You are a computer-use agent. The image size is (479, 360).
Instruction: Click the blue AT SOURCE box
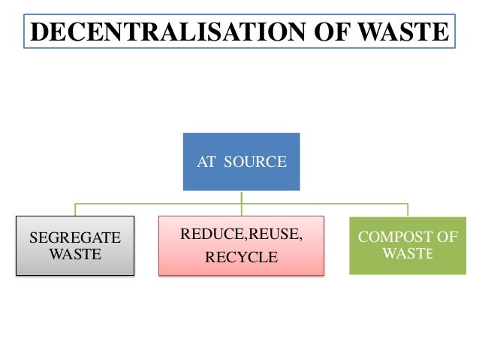tap(242, 162)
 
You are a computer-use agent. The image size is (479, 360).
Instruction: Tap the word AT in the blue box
tap(206, 162)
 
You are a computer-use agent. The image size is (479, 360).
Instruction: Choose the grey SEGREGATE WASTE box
tap(74, 246)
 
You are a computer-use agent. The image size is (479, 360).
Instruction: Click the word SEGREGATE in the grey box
tap(74, 238)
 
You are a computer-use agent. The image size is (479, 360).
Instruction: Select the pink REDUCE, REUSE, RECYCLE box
tap(241, 246)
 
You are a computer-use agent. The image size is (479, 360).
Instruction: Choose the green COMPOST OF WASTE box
tap(408, 246)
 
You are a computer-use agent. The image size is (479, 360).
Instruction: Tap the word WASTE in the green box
tap(408, 253)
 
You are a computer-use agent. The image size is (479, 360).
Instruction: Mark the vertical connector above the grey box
tap(74, 210)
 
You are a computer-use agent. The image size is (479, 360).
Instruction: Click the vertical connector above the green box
tap(408, 210)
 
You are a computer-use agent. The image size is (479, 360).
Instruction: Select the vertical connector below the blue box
tap(241, 197)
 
